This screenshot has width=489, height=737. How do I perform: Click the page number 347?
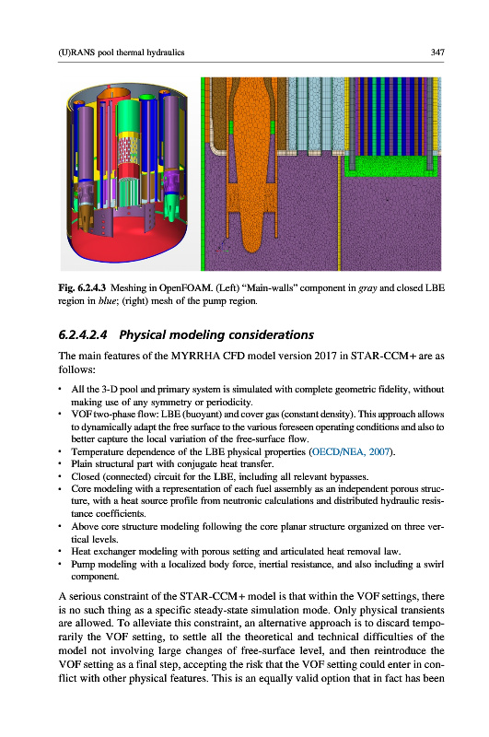437,53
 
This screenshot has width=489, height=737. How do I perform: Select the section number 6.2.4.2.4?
83,334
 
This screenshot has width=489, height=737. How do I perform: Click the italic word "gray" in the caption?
367,288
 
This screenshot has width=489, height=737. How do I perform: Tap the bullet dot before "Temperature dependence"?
61,451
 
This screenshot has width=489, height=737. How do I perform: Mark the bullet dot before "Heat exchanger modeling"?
61,551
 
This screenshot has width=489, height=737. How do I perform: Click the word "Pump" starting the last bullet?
81,564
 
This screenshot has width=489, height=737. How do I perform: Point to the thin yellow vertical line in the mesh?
339,212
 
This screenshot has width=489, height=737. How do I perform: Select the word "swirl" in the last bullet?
433,564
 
